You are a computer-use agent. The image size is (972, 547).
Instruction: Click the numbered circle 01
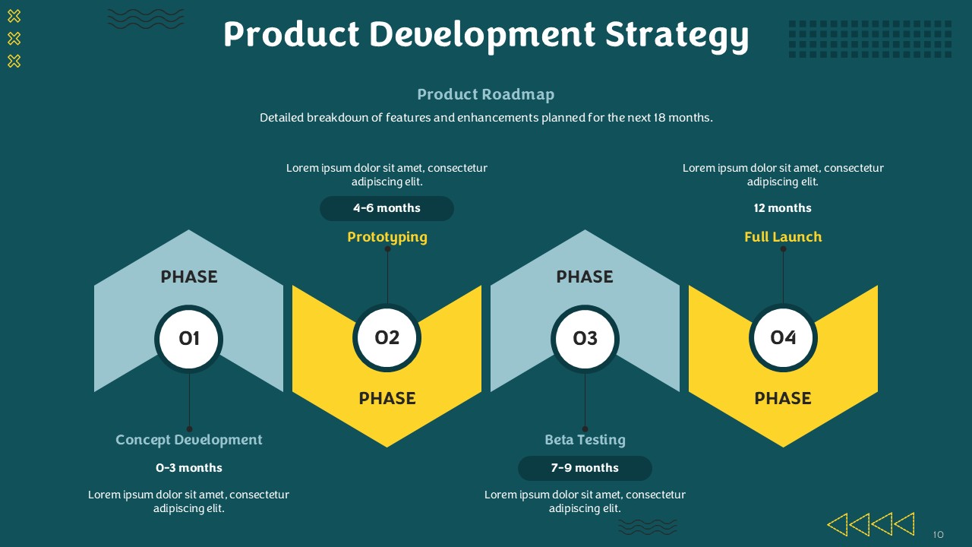(189, 339)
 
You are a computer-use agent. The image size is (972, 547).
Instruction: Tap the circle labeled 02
(387, 338)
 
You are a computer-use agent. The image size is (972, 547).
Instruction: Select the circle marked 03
(585, 339)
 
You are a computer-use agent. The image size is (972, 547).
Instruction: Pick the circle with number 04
(783, 338)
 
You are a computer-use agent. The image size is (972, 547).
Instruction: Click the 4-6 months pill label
(387, 208)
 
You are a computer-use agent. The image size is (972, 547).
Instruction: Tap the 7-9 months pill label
(585, 468)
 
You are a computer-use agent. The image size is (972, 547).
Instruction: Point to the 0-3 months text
(189, 468)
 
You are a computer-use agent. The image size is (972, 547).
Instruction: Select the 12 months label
(782, 208)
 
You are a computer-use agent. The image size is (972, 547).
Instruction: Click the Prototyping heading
(387, 238)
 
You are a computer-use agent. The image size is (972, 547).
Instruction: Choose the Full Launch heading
(783, 237)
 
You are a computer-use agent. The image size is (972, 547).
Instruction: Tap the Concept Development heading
(189, 440)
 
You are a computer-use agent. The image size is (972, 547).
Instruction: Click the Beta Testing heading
(585, 440)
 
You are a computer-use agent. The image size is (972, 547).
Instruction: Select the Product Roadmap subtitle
(485, 95)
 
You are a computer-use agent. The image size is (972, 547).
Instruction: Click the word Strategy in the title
(677, 36)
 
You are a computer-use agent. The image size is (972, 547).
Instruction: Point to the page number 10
(938, 534)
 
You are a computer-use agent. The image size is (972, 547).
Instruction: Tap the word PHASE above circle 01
(189, 277)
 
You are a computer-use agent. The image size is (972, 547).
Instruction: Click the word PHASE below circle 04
(783, 399)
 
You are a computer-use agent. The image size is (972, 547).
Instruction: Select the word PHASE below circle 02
(387, 399)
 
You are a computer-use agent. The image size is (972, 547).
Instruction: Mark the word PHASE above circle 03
(585, 277)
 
